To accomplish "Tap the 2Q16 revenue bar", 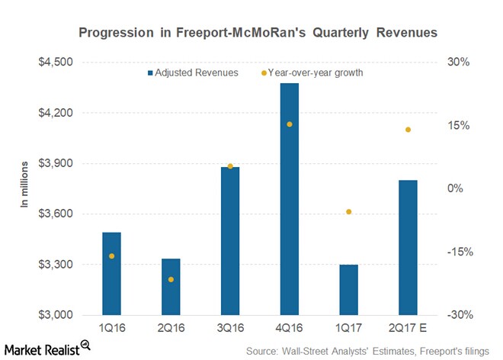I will click(171, 287).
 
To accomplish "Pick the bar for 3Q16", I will click(230, 241).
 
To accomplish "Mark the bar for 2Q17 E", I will click(408, 248).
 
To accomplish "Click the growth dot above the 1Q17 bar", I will click(348, 211).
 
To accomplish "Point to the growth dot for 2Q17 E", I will click(408, 130).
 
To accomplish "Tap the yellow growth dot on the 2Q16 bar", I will click(171, 279).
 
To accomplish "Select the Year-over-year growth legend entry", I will click(312, 72).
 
